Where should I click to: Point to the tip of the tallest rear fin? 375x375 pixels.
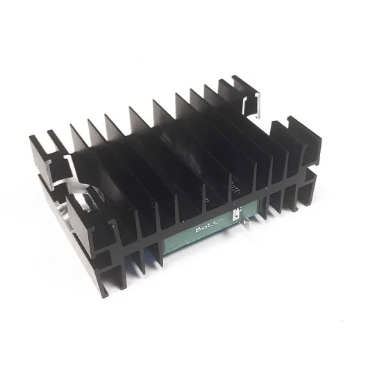(x=226, y=83)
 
